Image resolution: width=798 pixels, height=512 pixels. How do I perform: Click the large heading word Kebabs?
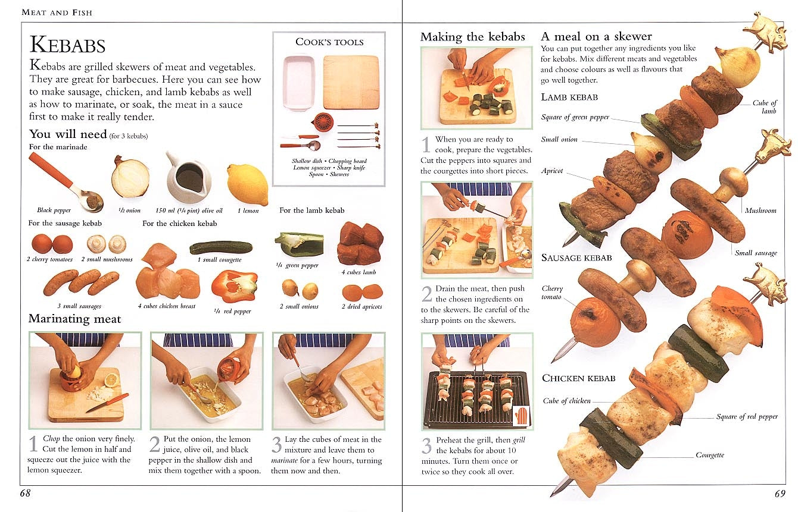pyautogui.click(x=67, y=46)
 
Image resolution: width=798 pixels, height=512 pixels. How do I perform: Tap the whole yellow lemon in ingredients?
pyautogui.click(x=247, y=184)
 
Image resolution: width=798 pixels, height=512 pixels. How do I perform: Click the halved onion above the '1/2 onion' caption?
pyautogui.click(x=130, y=177)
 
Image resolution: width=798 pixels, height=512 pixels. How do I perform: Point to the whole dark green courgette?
pyautogui.click(x=220, y=247)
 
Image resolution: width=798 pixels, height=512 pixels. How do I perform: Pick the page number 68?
pyautogui.click(x=26, y=493)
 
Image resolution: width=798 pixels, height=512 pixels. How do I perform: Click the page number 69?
pyautogui.click(x=780, y=493)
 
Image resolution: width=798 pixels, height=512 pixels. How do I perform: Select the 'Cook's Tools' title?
pyautogui.click(x=329, y=42)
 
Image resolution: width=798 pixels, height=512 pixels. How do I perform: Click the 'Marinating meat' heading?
pyautogui.click(x=74, y=319)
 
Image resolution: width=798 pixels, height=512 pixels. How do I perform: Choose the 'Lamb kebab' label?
pyautogui.click(x=569, y=97)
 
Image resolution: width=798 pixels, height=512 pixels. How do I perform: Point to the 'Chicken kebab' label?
pyautogui.click(x=578, y=378)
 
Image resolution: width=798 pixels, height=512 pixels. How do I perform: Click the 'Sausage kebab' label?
pyautogui.click(x=576, y=257)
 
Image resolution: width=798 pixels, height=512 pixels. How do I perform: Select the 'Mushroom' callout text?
pyautogui.click(x=760, y=211)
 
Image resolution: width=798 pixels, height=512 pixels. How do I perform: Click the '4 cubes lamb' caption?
pyautogui.click(x=359, y=272)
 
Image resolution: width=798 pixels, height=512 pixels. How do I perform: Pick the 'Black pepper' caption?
pyautogui.click(x=54, y=211)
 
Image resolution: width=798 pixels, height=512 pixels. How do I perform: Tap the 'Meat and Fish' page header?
pyautogui.click(x=57, y=12)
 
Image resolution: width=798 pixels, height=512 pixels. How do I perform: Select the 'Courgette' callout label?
pyautogui.click(x=710, y=455)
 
